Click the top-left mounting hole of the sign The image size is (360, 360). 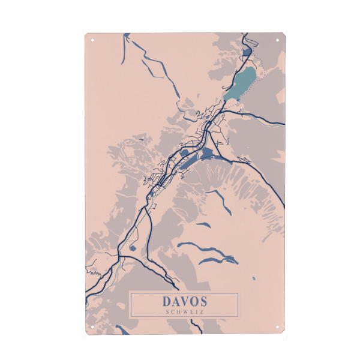(x=92, y=41)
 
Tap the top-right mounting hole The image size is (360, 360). (x=277, y=41)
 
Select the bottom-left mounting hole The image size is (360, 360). (x=92, y=327)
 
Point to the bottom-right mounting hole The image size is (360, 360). (x=277, y=327)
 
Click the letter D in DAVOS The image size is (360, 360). (x=167, y=301)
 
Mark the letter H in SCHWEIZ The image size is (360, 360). (x=180, y=311)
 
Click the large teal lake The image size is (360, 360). (x=240, y=83)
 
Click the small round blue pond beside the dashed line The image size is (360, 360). (x=132, y=247)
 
